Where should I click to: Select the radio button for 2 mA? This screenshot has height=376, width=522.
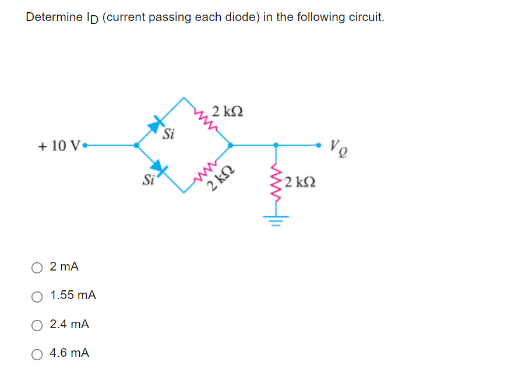click(x=37, y=268)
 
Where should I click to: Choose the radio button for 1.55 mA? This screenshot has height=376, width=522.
click(x=37, y=296)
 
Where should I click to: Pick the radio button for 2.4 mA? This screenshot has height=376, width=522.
click(x=37, y=325)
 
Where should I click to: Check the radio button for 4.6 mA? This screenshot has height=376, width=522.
click(x=37, y=353)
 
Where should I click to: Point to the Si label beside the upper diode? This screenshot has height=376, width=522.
click(x=169, y=135)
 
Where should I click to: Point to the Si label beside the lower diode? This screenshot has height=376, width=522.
click(x=149, y=180)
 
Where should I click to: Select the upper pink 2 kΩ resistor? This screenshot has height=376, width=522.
click(x=207, y=118)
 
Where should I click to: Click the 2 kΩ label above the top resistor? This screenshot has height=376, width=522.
click(x=228, y=111)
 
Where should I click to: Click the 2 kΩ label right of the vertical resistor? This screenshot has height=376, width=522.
click(x=301, y=182)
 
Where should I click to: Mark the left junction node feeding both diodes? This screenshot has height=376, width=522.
click(x=136, y=145)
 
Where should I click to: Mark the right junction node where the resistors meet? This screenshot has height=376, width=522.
click(x=231, y=145)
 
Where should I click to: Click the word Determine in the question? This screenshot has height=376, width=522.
click(x=54, y=17)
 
